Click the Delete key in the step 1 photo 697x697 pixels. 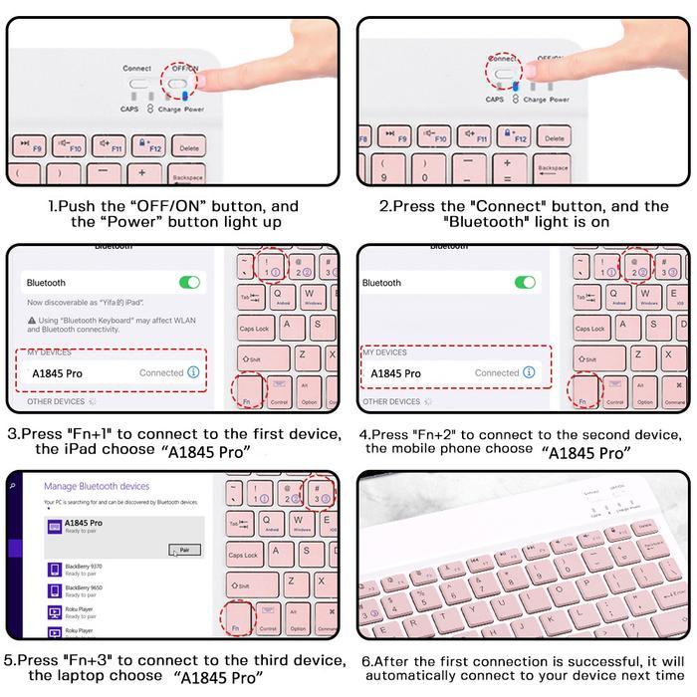coord(189,147)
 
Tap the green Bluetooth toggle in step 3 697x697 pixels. coord(189,283)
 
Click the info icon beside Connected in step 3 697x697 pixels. coord(193,372)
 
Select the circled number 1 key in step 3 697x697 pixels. coord(271,267)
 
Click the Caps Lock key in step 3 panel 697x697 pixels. coord(254,328)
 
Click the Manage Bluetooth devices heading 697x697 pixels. coord(97,486)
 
